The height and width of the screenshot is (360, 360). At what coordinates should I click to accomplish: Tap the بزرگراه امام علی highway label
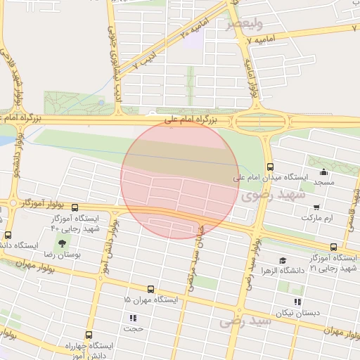[x=193, y=121]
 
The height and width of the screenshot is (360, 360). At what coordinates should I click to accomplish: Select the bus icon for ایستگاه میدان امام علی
[x=271, y=166]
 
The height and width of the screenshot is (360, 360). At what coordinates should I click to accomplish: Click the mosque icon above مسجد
[x=323, y=172]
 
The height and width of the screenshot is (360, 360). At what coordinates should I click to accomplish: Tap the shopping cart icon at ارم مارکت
[x=316, y=207]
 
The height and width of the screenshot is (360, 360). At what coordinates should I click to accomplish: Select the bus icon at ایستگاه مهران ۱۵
[x=150, y=289]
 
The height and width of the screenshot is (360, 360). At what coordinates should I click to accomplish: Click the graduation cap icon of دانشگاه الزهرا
[x=282, y=260]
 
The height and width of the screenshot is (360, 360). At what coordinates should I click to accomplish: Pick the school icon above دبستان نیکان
[x=298, y=302]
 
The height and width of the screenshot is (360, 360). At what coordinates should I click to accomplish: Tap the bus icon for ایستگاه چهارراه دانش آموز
[x=89, y=335]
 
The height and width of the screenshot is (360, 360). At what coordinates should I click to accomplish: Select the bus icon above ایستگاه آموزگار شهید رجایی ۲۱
[x=333, y=247]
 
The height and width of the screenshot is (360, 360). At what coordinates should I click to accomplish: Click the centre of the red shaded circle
[x=180, y=179]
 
